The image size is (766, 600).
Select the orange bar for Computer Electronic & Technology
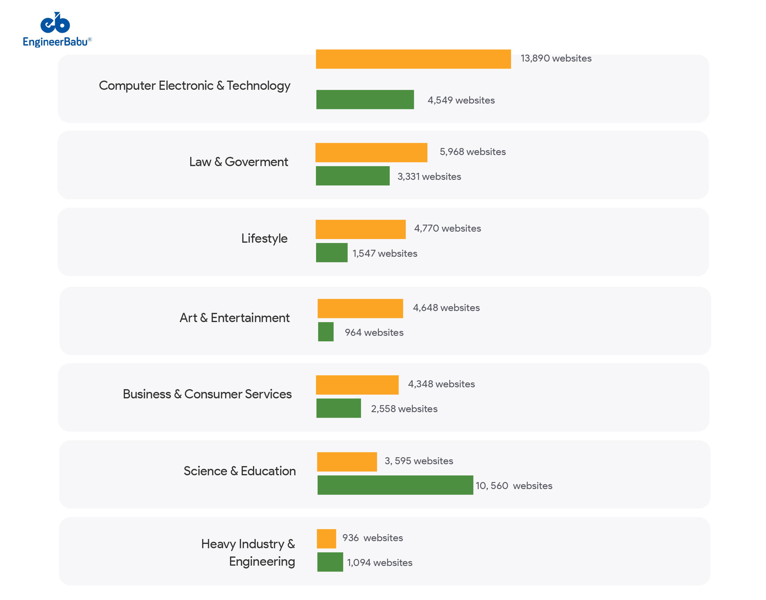click(x=413, y=59)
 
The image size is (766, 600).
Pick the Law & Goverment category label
click(x=238, y=161)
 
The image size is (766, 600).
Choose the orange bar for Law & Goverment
click(x=371, y=153)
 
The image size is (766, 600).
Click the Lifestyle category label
click(x=264, y=238)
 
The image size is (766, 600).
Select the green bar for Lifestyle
click(x=331, y=253)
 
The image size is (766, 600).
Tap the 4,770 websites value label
click(x=447, y=228)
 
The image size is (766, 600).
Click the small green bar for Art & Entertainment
click(x=326, y=332)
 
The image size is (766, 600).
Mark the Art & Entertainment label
click(x=235, y=317)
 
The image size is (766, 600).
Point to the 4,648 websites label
click(x=446, y=308)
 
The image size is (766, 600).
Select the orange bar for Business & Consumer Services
click(x=357, y=385)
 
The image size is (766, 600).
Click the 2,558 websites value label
click(x=404, y=408)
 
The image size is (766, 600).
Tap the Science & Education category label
click(x=240, y=471)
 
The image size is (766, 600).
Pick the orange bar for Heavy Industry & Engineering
click(x=326, y=538)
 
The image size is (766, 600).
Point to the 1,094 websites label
click(x=379, y=562)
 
